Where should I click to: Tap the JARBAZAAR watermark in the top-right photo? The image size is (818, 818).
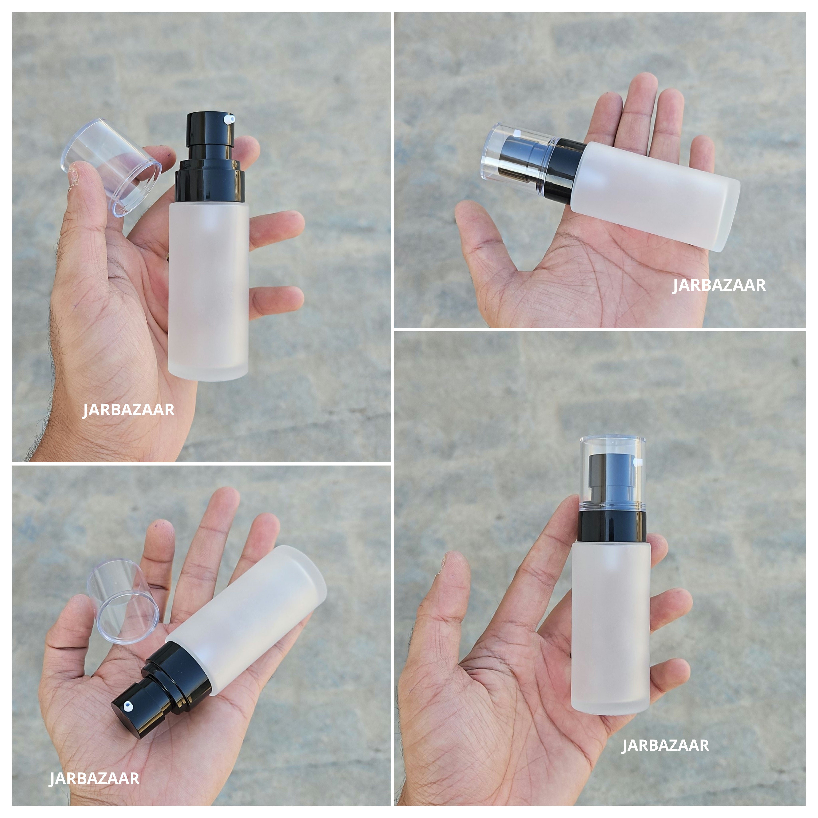coord(719,285)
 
